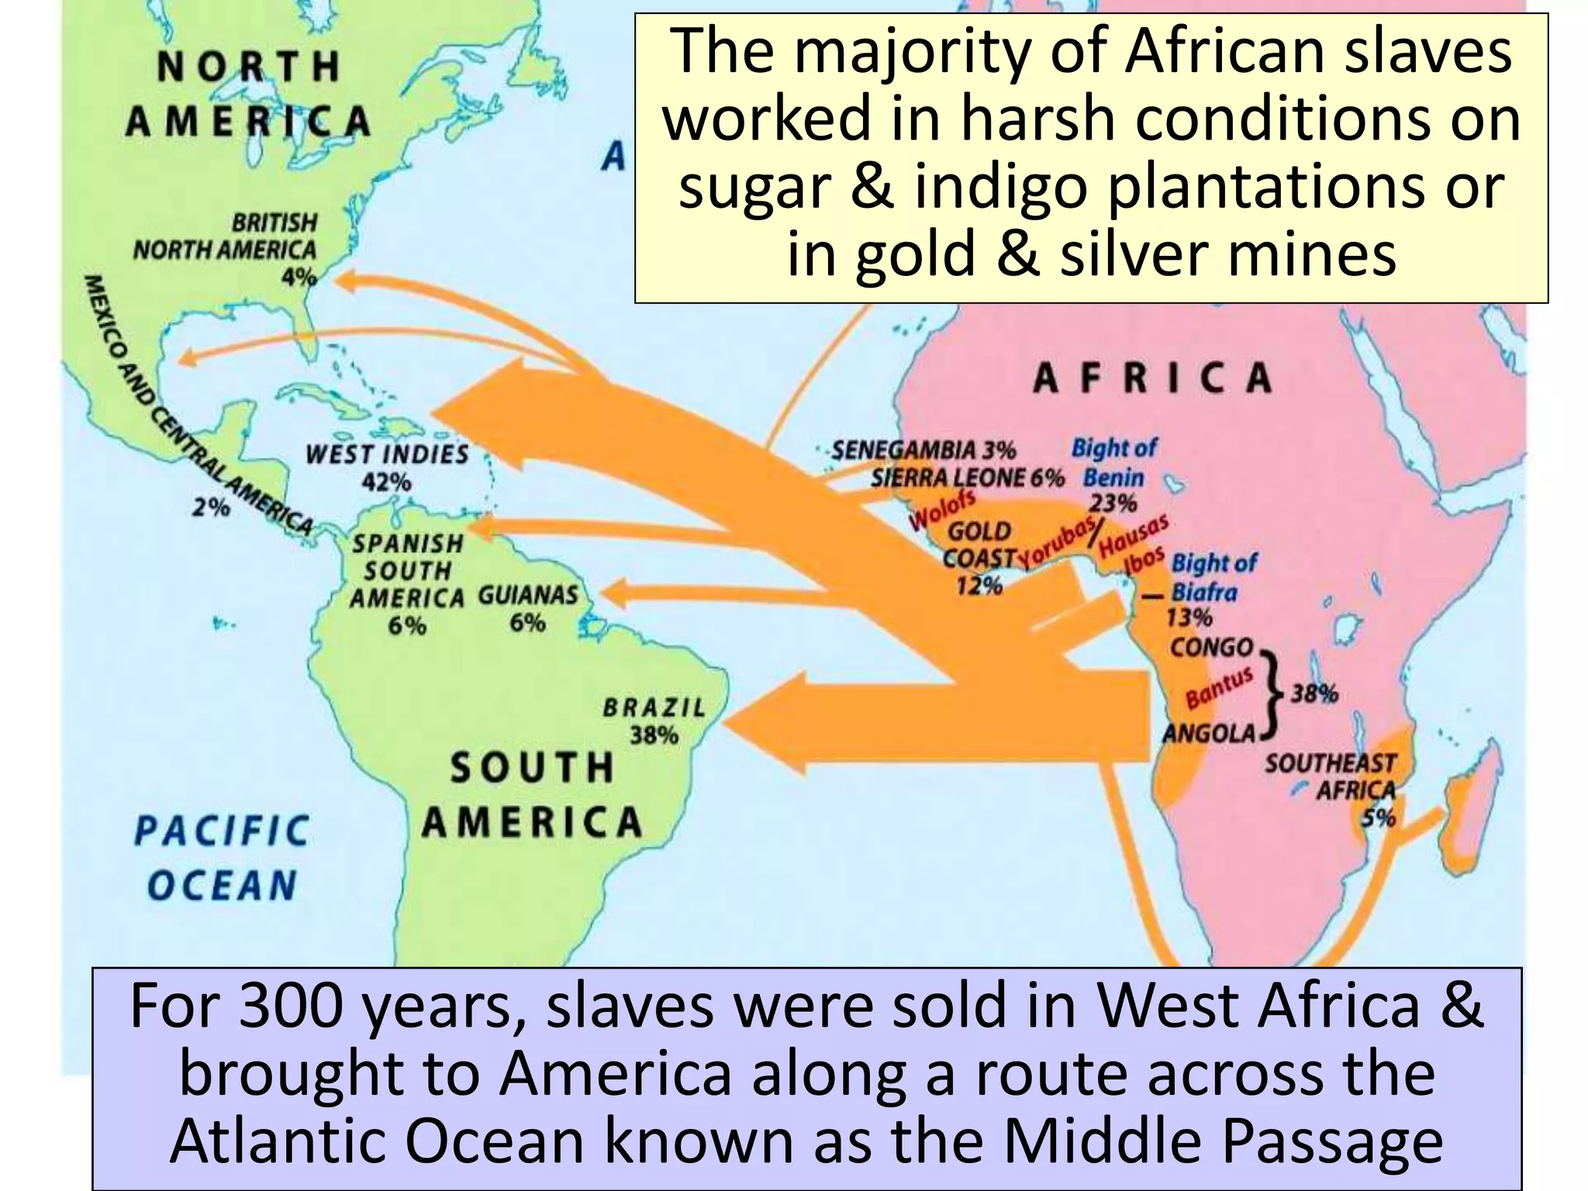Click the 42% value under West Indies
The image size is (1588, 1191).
point(386,482)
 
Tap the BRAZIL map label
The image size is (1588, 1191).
point(654,707)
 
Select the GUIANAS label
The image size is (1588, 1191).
point(528,595)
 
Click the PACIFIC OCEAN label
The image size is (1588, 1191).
point(222,857)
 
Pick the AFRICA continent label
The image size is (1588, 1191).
point(1152,378)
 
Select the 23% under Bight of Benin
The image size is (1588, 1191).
point(1113,503)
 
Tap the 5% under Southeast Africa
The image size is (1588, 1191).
point(1379,817)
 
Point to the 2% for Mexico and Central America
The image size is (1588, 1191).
point(212,508)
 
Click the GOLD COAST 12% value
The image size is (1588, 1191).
point(979,586)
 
